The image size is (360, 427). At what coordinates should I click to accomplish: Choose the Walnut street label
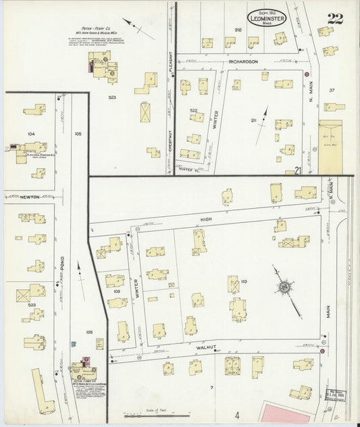click(x=205, y=347)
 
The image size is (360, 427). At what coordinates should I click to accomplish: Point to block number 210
click(x=238, y=30)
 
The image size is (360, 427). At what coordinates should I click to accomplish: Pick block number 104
click(x=30, y=134)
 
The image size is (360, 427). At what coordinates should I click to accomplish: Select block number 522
click(x=193, y=110)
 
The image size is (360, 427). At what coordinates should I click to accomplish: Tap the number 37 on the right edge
click(x=332, y=90)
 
